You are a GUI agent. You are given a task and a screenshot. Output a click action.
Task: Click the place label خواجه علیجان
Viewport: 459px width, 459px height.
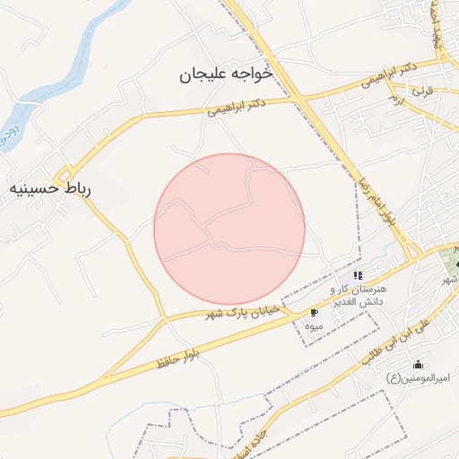(x=225, y=76)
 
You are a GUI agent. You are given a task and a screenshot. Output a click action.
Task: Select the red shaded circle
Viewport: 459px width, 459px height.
(x=229, y=229)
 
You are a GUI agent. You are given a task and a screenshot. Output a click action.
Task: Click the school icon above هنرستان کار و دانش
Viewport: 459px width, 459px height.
(x=358, y=275)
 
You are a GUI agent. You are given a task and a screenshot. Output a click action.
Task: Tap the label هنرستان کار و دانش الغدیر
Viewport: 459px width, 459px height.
(x=358, y=295)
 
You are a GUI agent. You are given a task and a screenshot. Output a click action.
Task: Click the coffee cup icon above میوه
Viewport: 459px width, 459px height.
(x=314, y=313)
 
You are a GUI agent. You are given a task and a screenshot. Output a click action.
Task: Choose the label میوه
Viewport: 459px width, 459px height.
(x=313, y=327)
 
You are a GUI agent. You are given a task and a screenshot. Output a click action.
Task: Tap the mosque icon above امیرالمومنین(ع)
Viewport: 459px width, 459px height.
(x=418, y=364)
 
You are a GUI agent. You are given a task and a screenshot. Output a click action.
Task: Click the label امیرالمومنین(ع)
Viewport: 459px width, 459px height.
(x=417, y=379)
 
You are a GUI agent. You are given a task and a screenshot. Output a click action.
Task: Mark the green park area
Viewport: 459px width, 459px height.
(x=451, y=263)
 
